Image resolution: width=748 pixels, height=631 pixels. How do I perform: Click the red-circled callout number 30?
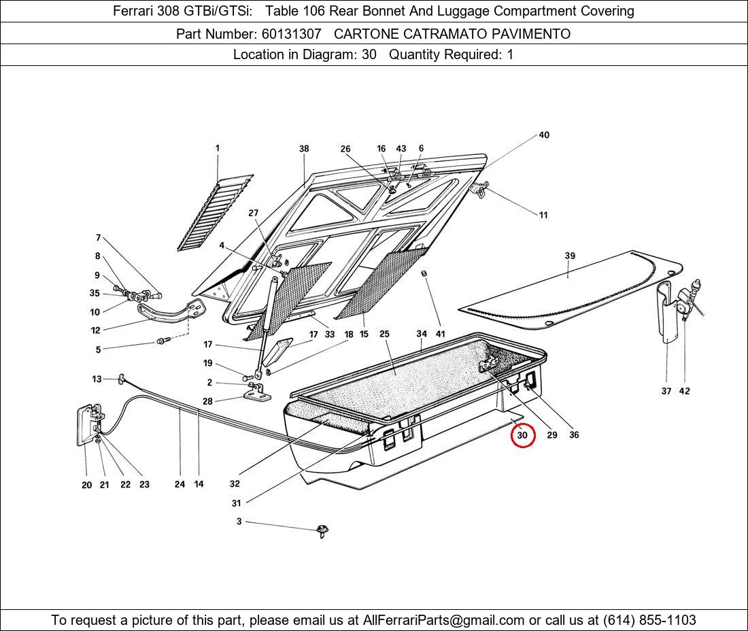[x=523, y=435]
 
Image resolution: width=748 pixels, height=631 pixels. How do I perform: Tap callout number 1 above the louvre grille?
[x=218, y=148]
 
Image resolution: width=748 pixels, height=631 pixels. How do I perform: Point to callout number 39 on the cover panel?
[x=570, y=256]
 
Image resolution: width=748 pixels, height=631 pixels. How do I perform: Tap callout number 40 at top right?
[x=544, y=135]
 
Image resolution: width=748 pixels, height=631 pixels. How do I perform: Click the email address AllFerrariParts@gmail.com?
[x=444, y=620]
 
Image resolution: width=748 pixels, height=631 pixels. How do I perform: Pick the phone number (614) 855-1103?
[x=649, y=620]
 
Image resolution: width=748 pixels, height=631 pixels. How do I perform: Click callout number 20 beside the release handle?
[x=86, y=485]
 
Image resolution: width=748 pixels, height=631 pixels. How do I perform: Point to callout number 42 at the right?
[x=684, y=391]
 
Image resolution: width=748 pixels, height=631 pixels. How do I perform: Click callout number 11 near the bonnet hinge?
[x=543, y=216]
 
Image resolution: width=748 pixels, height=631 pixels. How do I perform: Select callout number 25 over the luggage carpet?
[x=384, y=334]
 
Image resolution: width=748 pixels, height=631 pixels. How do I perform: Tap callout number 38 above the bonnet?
[x=304, y=149]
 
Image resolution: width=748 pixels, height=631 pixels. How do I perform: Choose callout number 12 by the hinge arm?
[x=95, y=330]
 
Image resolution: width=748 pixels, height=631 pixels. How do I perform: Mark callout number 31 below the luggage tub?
[x=236, y=503]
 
